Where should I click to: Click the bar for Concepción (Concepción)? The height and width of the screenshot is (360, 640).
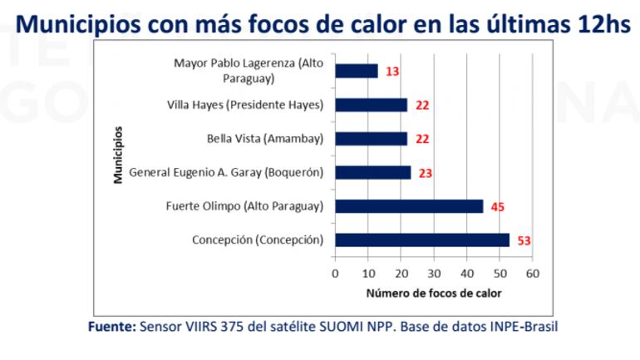coord(421,240)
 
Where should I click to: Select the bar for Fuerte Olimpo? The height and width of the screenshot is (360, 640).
coord(408,206)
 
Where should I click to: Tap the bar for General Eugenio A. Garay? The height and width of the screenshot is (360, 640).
coord(372,172)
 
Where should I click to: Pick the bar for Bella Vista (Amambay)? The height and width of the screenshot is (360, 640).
coord(371,139)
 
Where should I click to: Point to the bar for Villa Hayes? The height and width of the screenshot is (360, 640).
coord(371,105)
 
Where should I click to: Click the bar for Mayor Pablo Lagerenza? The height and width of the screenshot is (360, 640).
coord(356,72)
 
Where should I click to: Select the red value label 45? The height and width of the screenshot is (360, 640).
coord(496,207)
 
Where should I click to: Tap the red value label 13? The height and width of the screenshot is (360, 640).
coord(391,72)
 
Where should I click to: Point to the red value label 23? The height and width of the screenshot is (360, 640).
coord(425,173)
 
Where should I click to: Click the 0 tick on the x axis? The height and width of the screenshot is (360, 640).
coord(335,274)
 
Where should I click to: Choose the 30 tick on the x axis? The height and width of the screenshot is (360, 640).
coord(434,274)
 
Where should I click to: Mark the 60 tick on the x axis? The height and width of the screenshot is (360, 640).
coord(532,274)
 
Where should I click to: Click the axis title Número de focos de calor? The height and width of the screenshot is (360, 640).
coord(433,293)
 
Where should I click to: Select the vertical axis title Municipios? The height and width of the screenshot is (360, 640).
coord(119,155)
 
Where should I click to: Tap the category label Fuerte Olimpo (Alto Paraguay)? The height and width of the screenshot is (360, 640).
coord(244,206)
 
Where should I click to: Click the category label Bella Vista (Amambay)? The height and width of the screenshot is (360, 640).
coord(264,139)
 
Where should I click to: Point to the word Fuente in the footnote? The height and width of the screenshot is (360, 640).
coord(111,327)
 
